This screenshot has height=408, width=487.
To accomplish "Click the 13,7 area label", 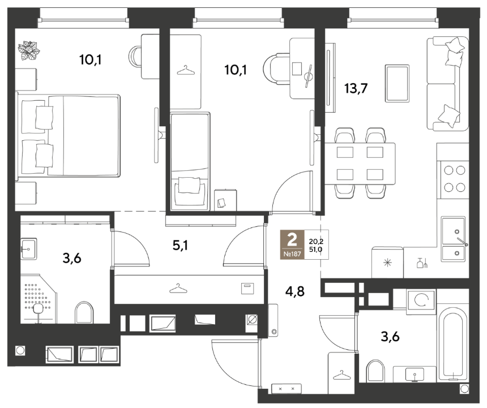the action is coord(356,89).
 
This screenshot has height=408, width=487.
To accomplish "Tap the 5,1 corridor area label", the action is coord(181,246).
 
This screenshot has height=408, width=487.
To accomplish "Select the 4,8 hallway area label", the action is coord(295,291).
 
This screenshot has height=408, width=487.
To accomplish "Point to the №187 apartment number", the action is coord(292,254).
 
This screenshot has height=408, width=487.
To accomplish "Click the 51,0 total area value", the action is coord(315,248).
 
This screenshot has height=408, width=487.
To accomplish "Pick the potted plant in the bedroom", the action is coord(28,50).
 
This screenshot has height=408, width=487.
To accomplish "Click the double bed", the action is coord(69,136).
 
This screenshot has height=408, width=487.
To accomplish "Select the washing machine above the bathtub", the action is coord(421,300).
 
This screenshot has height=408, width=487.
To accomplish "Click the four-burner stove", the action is coord(454,179).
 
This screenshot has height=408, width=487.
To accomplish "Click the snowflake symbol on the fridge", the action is coord(387,263).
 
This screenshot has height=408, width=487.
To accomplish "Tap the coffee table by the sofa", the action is coord(397,83).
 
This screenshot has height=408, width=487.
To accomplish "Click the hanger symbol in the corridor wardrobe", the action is coord(178,289).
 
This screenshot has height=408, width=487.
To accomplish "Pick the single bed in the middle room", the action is coord(190,161).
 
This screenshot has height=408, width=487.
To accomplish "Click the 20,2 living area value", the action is coord(316,241).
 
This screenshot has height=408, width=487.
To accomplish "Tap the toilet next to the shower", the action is coord(84,312).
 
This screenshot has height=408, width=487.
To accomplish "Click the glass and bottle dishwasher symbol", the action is coord(422,263).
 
